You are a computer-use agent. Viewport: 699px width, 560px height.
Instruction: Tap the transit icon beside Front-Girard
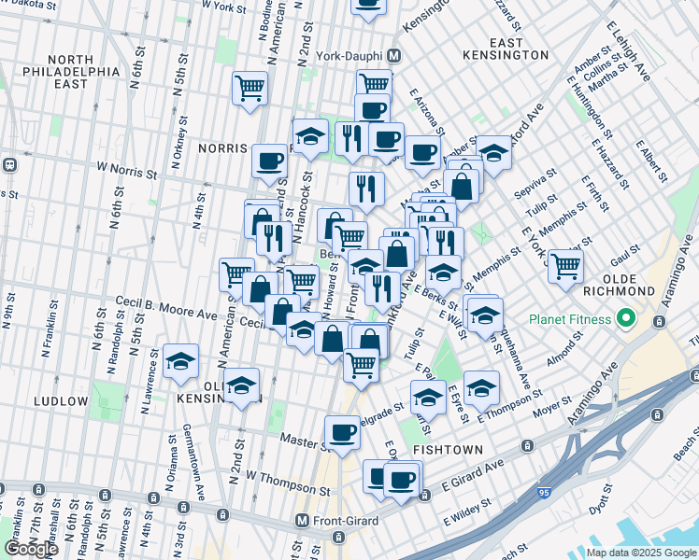point(301,520)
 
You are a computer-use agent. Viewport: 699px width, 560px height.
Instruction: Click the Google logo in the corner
point(30,548)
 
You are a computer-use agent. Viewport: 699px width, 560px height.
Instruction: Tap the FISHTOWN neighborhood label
point(448,449)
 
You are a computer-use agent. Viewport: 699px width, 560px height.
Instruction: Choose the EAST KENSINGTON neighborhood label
point(519,49)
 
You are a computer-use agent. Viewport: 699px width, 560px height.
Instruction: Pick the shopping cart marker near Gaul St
point(565,265)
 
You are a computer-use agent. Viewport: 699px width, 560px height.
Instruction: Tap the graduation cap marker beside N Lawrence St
point(180,360)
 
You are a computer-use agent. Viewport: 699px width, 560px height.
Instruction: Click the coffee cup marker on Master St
point(343,431)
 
